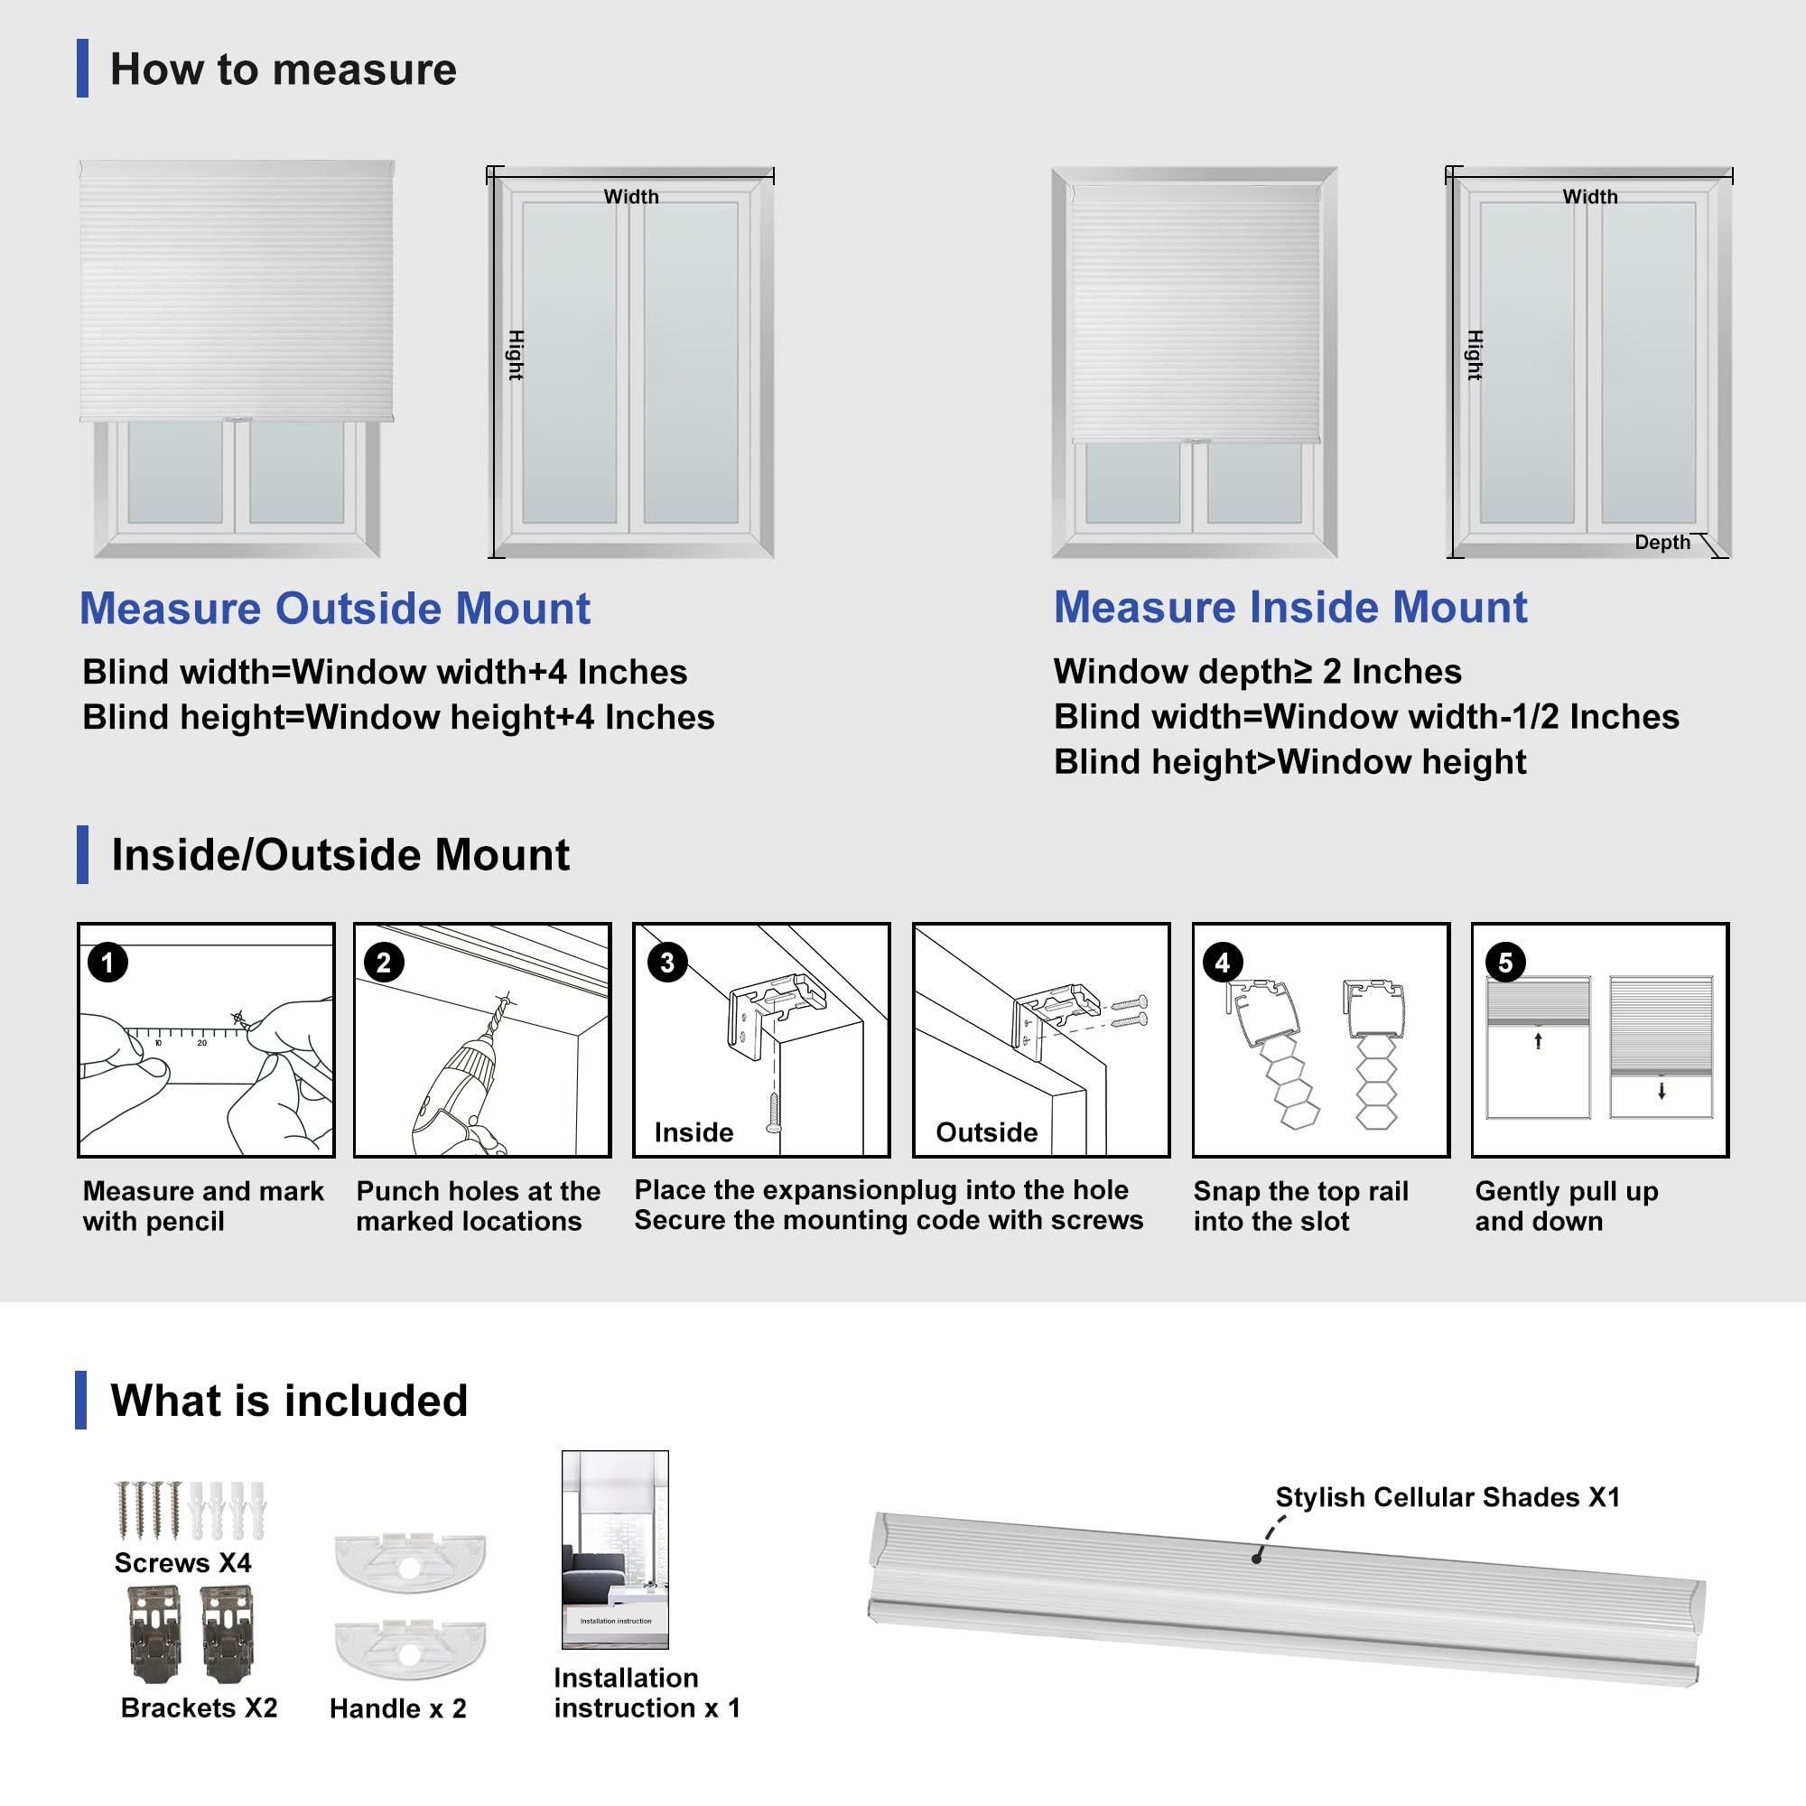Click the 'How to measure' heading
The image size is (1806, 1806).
pyautogui.click(x=283, y=70)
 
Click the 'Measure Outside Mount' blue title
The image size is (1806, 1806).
pyautogui.click(x=335, y=609)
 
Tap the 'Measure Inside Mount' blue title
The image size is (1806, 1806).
pyautogui.click(x=1290, y=608)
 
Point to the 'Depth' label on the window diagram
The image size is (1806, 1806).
pyautogui.click(x=1662, y=542)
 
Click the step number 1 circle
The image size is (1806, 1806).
pyautogui.click(x=107, y=962)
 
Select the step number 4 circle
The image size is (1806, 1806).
pyautogui.click(x=1223, y=962)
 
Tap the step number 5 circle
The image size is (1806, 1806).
pyautogui.click(x=1505, y=962)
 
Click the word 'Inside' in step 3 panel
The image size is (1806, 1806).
pyautogui.click(x=694, y=1132)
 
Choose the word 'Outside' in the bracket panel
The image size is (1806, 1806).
pyautogui.click(x=986, y=1132)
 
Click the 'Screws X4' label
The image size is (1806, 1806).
pyautogui.click(x=182, y=1562)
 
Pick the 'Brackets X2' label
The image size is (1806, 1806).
pyautogui.click(x=199, y=1707)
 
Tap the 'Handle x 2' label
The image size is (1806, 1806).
pyautogui.click(x=397, y=1708)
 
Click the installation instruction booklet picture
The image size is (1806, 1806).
pyautogui.click(x=615, y=1549)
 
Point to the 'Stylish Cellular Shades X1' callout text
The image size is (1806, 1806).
pyautogui.click(x=1447, y=1496)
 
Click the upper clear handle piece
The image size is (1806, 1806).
pyautogui.click(x=409, y=1559)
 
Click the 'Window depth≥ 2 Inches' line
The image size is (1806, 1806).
pyautogui.click(x=1257, y=671)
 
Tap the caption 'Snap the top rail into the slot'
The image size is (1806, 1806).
pyautogui.click(x=1299, y=1206)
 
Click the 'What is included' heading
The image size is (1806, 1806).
pyautogui.click(x=289, y=1401)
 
